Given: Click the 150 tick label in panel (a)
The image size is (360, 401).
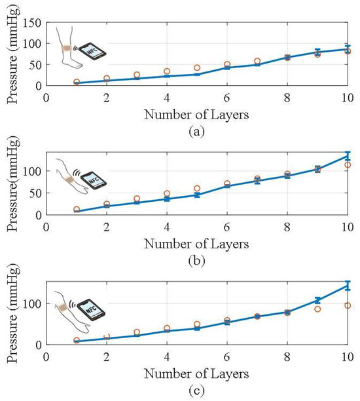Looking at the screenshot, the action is tap(32, 24).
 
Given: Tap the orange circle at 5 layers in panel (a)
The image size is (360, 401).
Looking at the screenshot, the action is tap(197, 67).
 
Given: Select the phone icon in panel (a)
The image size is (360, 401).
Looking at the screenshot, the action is tap(92, 52).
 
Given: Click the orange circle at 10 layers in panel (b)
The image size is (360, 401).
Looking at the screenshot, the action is tap(348, 165).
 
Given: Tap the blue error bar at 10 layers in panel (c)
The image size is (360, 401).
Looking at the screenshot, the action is tap(348, 286).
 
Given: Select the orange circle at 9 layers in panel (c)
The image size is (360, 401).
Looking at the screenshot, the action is tap(317, 309).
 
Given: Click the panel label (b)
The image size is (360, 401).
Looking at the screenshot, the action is tap(197, 261).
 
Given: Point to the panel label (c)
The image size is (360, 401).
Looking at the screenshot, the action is tap(197, 391).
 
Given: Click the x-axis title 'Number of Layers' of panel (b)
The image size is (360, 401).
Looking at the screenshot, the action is tap(196, 244).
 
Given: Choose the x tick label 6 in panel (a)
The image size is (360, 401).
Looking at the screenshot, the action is tap(227, 98).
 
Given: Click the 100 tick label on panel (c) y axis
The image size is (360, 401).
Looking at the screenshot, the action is tap(32, 303).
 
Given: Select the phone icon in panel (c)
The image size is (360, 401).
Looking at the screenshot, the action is tap(91, 310).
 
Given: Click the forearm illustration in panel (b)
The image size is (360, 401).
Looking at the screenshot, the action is tap(71, 177).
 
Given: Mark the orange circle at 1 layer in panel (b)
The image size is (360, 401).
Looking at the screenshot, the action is tap(77, 210).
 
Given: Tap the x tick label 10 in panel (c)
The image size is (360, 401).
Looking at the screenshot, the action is tap(348, 357).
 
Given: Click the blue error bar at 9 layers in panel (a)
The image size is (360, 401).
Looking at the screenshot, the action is tap(317, 52).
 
